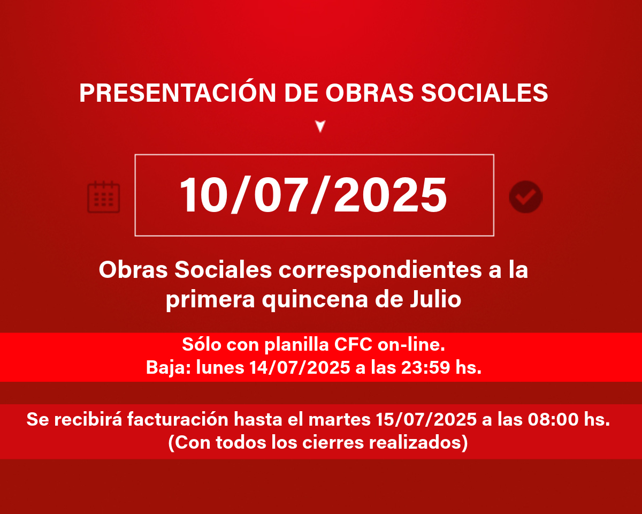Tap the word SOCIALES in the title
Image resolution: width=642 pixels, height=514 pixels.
point(484,93)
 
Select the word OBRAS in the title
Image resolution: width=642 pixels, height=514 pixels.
point(369,93)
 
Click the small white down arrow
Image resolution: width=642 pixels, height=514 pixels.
point(320,126)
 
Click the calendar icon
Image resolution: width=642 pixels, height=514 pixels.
point(103,197)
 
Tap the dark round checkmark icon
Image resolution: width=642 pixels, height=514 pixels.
point(526,197)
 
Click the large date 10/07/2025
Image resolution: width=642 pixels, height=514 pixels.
point(313,195)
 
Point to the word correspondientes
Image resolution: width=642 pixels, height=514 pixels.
point(380,270)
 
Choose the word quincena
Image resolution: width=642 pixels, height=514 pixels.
point(315,300)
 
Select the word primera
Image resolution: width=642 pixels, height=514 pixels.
point(210,300)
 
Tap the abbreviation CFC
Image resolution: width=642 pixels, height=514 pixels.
point(353,344)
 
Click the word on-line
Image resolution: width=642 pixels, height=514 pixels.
point(411,344)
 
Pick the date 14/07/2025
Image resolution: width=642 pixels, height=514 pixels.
point(300,367)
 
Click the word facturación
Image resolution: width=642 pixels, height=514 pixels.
point(178,419)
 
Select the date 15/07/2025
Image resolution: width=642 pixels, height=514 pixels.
point(426,419)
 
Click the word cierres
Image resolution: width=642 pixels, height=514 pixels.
point(333,442)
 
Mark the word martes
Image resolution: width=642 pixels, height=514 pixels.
point(339,420)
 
